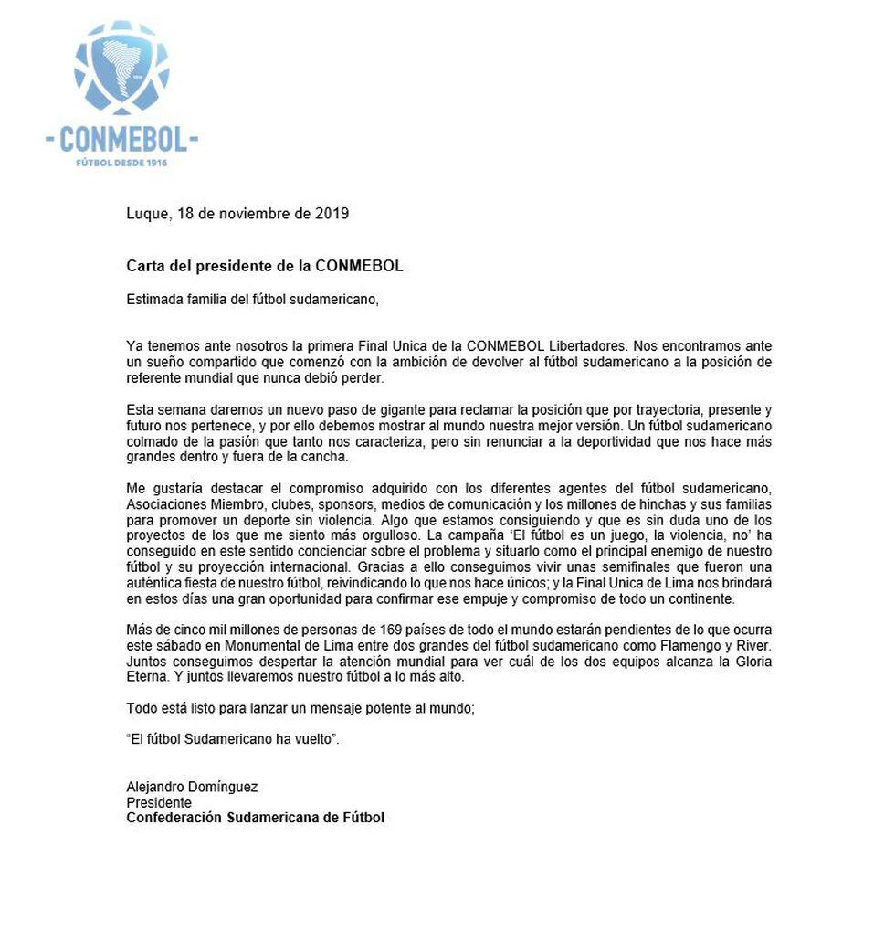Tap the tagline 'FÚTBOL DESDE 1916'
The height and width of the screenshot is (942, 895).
121,163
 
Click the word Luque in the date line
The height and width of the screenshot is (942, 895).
147,215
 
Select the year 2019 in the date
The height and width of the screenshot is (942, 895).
332,215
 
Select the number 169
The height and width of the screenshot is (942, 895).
378,631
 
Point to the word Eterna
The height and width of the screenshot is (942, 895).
145,678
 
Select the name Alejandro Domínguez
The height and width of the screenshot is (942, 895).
192,788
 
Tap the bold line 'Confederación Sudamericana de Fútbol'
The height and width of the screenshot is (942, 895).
255,818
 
